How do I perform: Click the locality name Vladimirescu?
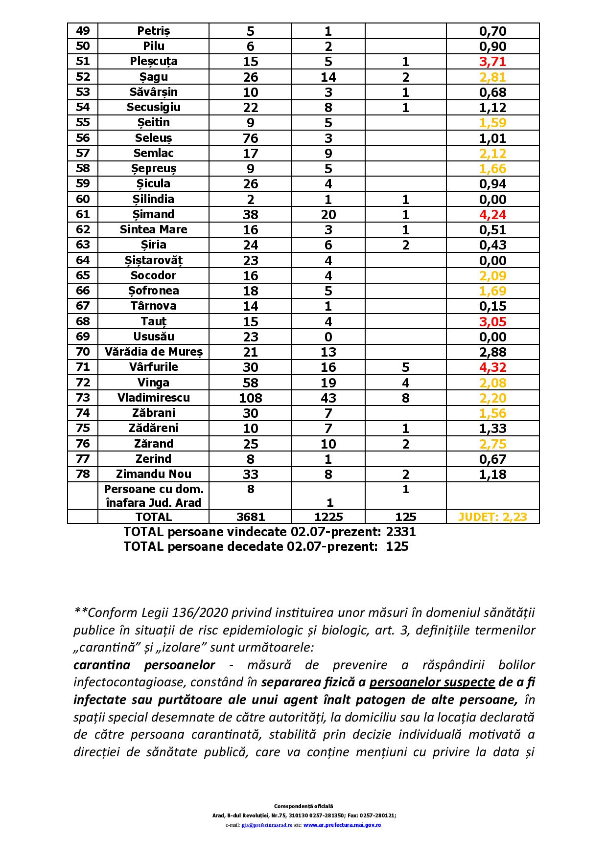[153, 398]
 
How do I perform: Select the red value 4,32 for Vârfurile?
[492, 367]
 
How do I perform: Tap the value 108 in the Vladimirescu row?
[250, 398]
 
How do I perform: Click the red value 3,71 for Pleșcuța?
[492, 62]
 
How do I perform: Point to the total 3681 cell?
[250, 517]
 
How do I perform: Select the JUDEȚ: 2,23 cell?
[492, 517]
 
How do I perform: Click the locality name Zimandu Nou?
[153, 474]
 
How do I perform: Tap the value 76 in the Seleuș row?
[250, 138]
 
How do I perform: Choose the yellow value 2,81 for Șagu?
[492, 77]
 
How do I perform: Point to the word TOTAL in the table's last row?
[153, 517]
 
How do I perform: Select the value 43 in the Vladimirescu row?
[328, 398]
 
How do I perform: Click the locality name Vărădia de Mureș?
[153, 352]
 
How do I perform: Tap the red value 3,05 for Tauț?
[492, 322]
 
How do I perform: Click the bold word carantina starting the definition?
[102, 665]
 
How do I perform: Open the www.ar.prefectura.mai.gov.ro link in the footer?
[342, 825]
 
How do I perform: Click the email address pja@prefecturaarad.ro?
[267, 825]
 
